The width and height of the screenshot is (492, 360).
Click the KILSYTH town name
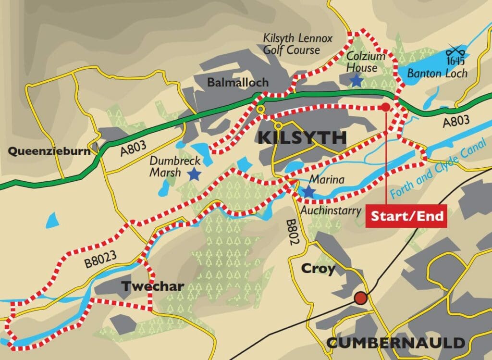click(x=302, y=137)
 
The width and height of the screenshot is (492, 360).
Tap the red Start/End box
click(x=406, y=216)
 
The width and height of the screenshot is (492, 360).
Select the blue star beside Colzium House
click(x=356, y=81)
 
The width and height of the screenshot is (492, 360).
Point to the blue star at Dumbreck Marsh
click(x=194, y=174)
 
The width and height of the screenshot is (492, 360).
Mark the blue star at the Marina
click(x=307, y=192)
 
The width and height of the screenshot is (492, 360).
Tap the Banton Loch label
click(x=437, y=74)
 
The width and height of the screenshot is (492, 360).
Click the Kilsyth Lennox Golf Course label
click(x=297, y=44)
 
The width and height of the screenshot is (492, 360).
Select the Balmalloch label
click(x=238, y=83)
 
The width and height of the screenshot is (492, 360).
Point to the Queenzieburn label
click(x=49, y=151)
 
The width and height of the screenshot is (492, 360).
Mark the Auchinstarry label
click(x=331, y=210)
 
